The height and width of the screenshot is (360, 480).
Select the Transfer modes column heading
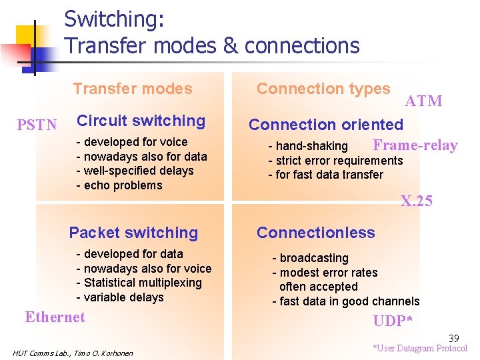(x=132, y=89)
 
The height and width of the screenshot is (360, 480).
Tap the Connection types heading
(x=323, y=89)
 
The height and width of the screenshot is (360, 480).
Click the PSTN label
(x=37, y=125)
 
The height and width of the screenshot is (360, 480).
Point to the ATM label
(x=423, y=101)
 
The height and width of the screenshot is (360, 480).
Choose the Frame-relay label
(x=415, y=145)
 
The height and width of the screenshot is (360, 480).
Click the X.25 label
(x=417, y=201)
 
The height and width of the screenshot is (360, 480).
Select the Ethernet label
(x=55, y=317)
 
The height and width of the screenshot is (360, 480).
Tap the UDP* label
(x=393, y=321)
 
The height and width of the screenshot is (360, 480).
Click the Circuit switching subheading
(x=141, y=121)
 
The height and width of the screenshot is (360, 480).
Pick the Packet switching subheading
(x=133, y=233)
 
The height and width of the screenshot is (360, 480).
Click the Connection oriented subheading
(x=326, y=125)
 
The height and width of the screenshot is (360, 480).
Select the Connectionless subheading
(x=316, y=233)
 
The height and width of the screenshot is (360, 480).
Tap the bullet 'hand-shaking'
(x=308, y=146)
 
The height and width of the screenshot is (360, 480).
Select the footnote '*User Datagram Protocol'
(x=420, y=348)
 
